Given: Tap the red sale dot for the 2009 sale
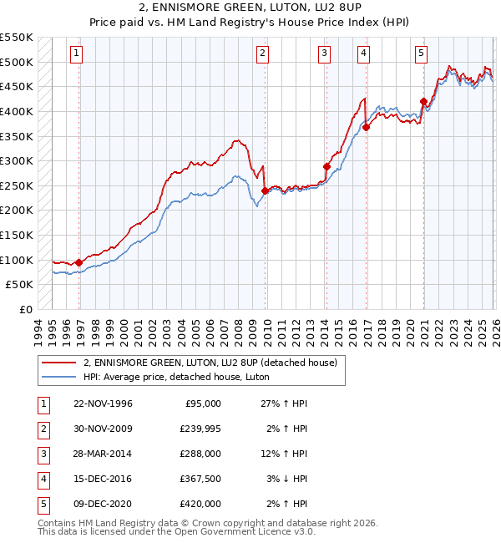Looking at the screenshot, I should pos(265,190).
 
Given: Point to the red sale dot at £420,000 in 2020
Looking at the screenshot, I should pos(423,102).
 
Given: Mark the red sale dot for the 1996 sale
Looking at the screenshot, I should pos(78,262).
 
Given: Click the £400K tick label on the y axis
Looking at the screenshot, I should pos(17,111).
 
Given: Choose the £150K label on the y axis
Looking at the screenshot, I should pos(17,235).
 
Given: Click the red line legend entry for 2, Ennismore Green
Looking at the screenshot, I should pos(210,363).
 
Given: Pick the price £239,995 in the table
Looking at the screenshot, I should pos(200,429).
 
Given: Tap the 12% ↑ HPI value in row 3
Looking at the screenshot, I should pos(284,454).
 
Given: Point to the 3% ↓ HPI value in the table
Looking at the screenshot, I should pos(284,479).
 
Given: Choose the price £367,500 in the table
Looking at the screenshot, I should pos(200,479).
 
